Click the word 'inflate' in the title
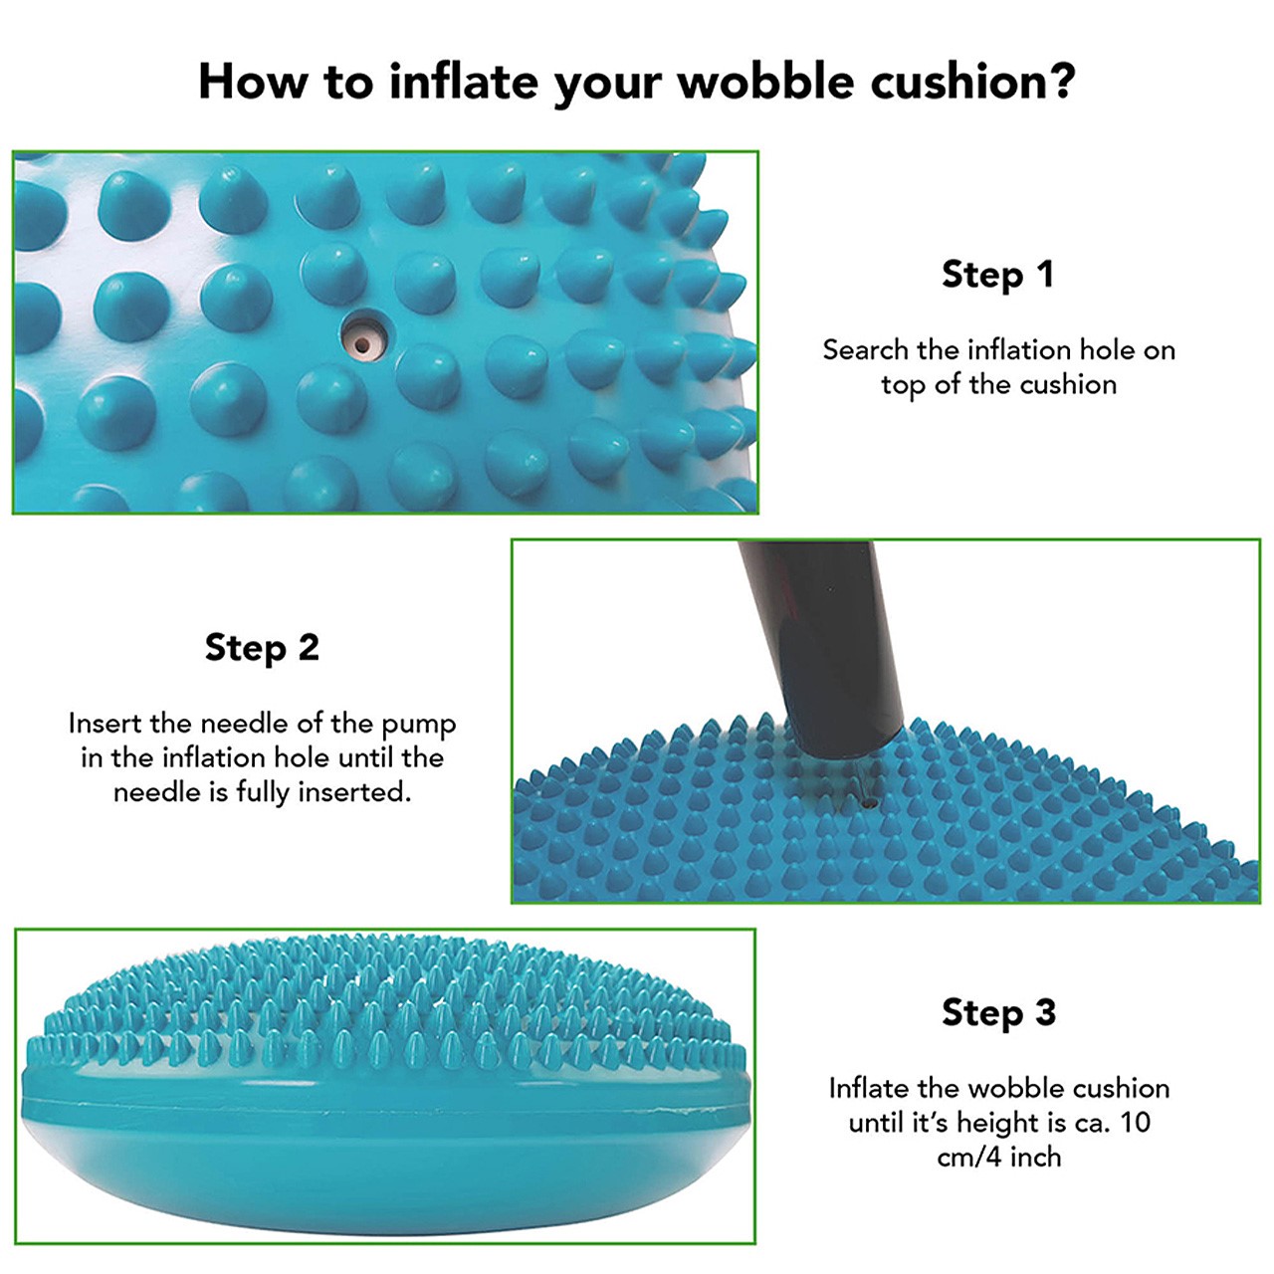coord(463,82)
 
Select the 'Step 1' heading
coord(998,275)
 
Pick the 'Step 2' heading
coord(262,647)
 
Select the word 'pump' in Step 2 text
coord(419,726)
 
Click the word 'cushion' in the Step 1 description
coord(1068,384)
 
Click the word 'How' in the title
coord(253,82)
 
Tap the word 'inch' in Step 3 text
coord(1036,1158)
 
